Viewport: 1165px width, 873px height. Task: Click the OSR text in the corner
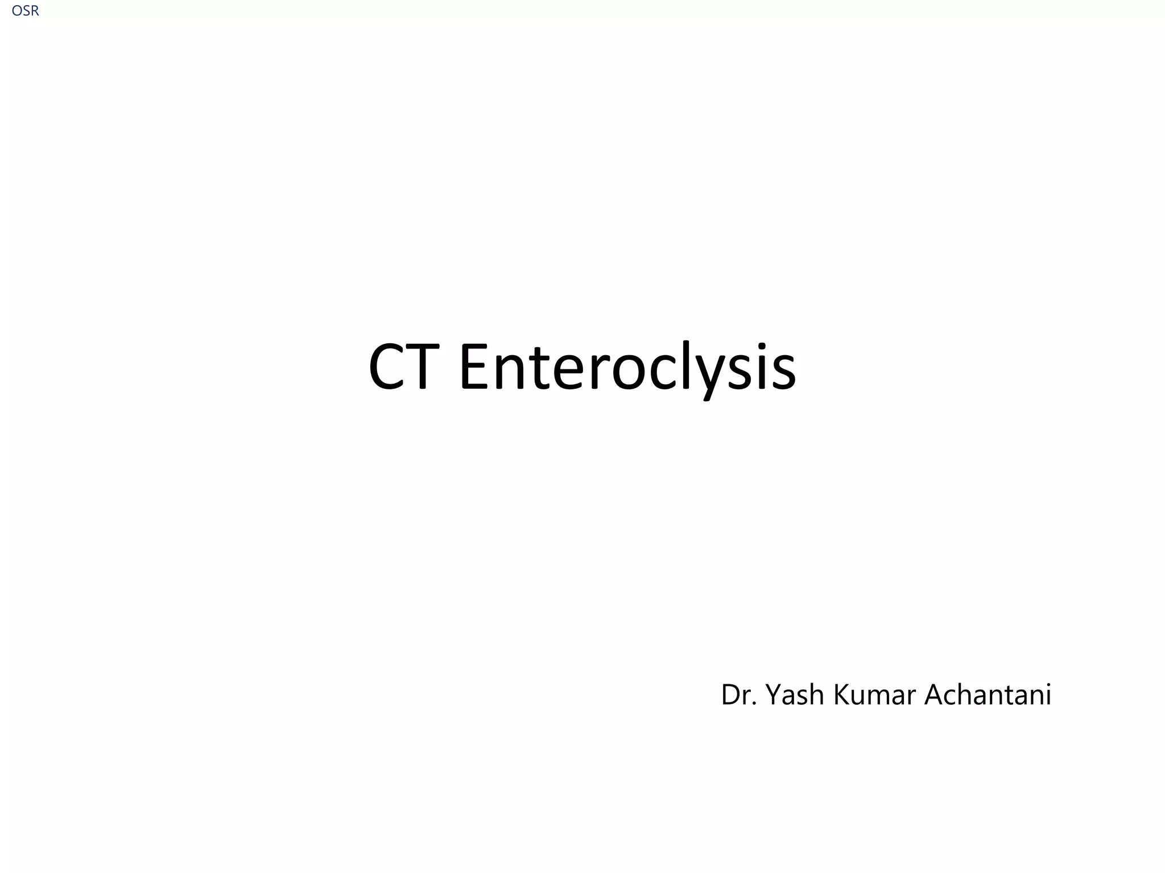(25, 11)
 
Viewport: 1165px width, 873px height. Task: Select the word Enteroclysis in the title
(627, 368)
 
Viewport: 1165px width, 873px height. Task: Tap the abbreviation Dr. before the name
(738, 695)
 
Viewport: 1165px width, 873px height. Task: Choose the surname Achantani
(988, 695)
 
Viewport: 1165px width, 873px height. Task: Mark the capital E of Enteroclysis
(475, 367)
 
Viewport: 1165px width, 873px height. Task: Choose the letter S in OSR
(25, 11)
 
